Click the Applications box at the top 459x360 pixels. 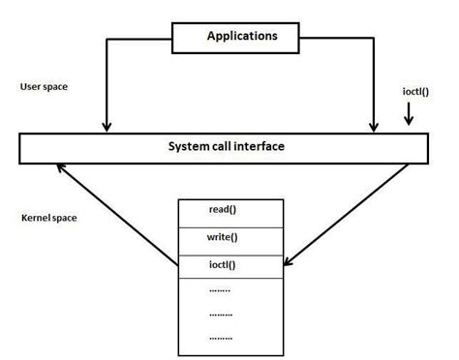coord(241,37)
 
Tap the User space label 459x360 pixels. coord(44,86)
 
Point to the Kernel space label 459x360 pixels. coord(48,219)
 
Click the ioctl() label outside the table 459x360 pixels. coord(417,92)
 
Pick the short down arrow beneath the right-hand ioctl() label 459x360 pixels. coord(410,116)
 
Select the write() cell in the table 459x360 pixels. coord(229,237)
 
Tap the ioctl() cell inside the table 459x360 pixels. coord(229,264)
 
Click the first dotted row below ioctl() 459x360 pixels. coord(221,289)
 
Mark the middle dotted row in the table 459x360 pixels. coord(221,314)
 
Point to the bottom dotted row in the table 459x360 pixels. coord(221,338)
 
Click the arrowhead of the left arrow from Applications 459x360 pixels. coord(107,126)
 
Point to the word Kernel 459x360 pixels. coord(36,219)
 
